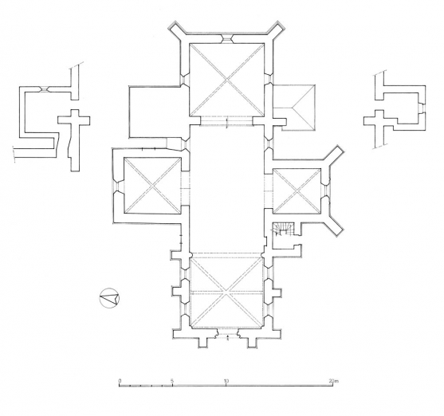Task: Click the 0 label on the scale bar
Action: pos(120,381)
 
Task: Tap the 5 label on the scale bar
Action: pos(173,381)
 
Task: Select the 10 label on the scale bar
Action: pos(226,381)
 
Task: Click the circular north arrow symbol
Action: pos(109,298)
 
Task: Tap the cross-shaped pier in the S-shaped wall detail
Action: pos(76,121)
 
